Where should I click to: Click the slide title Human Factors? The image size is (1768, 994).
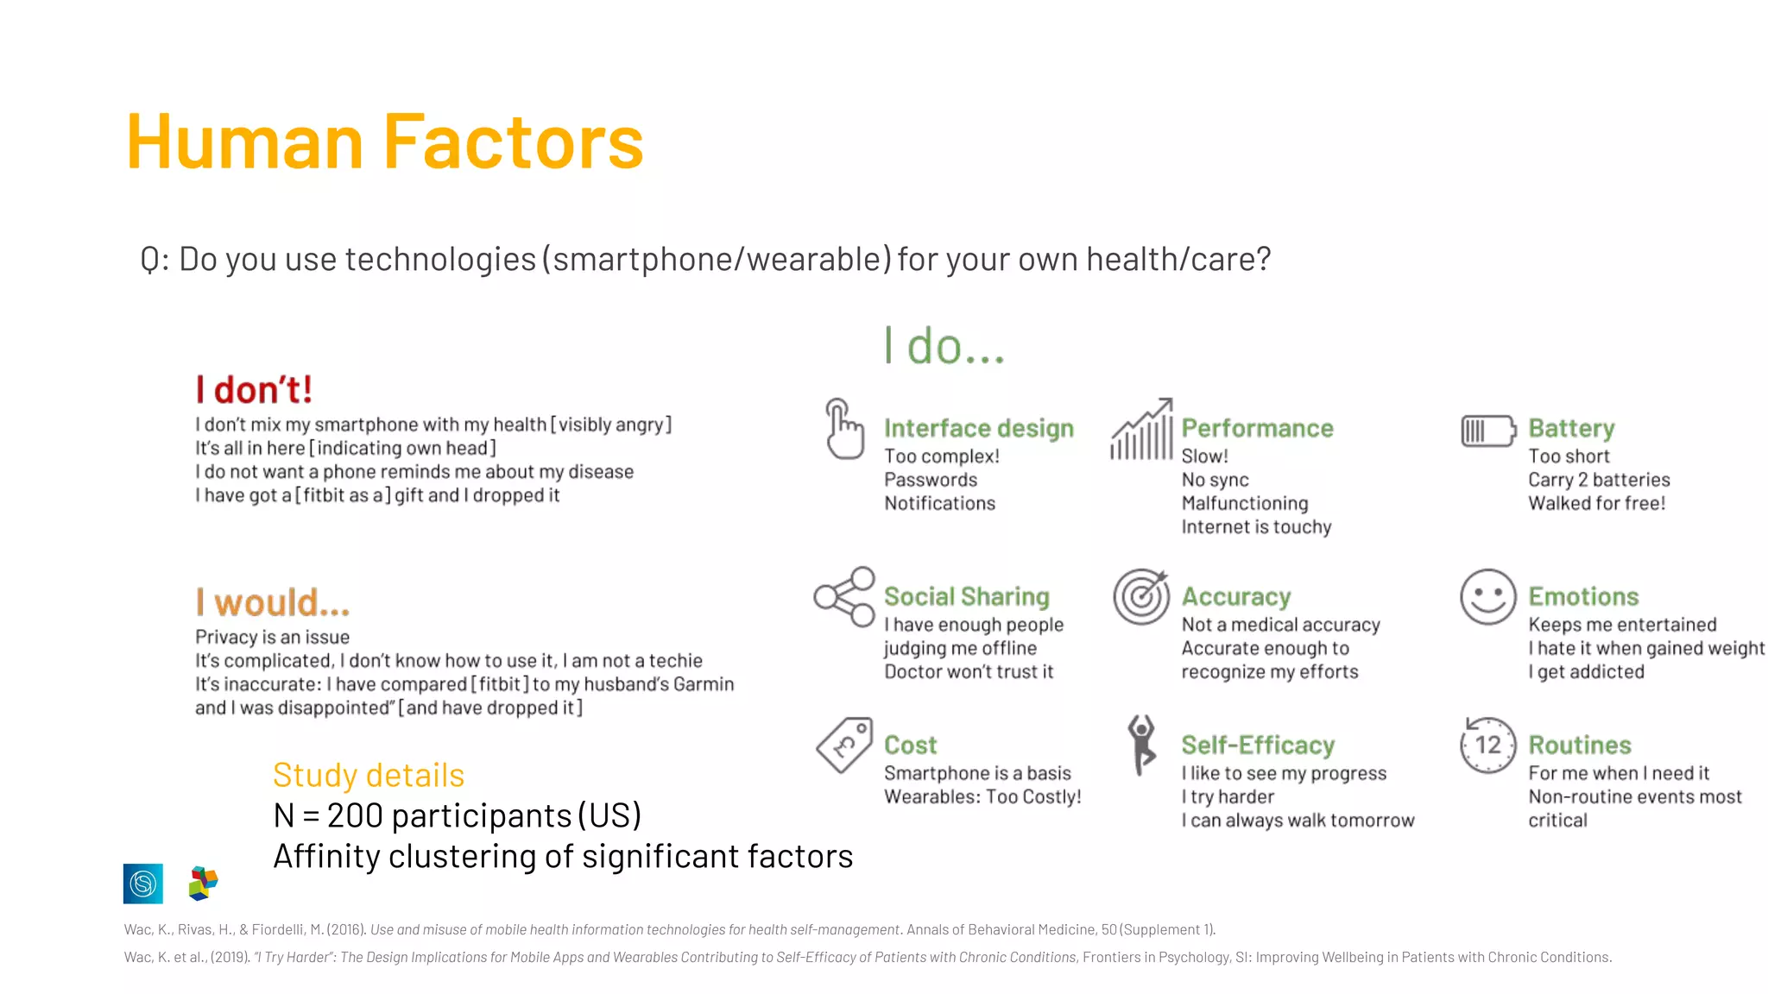point(384,142)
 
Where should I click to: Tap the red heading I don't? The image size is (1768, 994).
point(253,390)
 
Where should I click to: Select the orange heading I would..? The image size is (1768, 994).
point(272,602)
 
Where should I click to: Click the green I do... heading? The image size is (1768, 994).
point(944,346)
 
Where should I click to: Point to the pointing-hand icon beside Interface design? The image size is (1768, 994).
point(843,429)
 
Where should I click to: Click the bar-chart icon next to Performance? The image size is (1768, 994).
point(1141,429)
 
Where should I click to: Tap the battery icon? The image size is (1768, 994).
point(1487,431)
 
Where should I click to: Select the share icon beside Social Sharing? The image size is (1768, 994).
point(844,596)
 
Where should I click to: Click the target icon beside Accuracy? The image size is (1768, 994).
point(1140,596)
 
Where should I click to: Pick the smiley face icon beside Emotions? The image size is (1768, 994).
point(1487,596)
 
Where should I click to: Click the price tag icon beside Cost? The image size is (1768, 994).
point(844,745)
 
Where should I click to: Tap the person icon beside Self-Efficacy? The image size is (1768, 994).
point(1141,745)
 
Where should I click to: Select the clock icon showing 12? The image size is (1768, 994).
point(1487,745)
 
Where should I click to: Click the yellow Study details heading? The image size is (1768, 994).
point(369,775)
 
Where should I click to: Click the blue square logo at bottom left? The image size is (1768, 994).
point(143,884)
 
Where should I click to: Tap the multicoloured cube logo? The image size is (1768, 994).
point(203,884)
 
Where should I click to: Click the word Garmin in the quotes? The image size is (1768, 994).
point(704,684)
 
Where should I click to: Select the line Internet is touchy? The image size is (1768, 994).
point(1256,527)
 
